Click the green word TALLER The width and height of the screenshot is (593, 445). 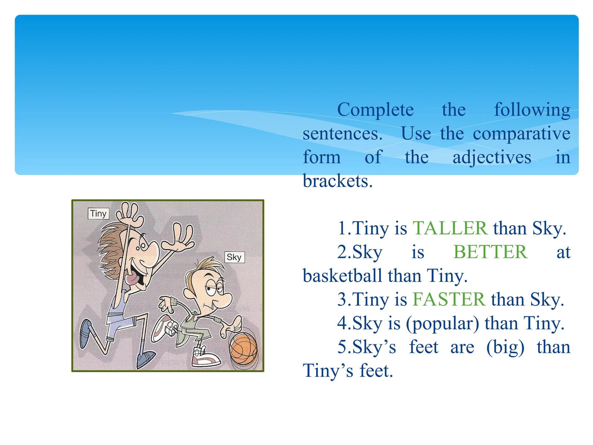450,228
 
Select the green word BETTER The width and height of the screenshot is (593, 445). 490,252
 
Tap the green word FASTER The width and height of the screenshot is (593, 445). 449,299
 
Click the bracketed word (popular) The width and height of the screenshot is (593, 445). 442,323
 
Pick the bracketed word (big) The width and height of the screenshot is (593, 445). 505,347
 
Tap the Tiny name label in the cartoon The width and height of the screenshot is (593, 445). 98,214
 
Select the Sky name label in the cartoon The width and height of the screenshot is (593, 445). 234,257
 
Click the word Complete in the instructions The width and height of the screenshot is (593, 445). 376,110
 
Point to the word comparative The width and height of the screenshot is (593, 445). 521,134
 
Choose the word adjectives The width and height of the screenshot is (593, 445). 492,158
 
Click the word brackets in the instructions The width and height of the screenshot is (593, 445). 337,181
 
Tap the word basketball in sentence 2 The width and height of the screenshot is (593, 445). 342,276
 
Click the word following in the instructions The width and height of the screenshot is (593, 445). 532,110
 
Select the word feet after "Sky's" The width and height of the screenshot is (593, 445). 424,347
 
